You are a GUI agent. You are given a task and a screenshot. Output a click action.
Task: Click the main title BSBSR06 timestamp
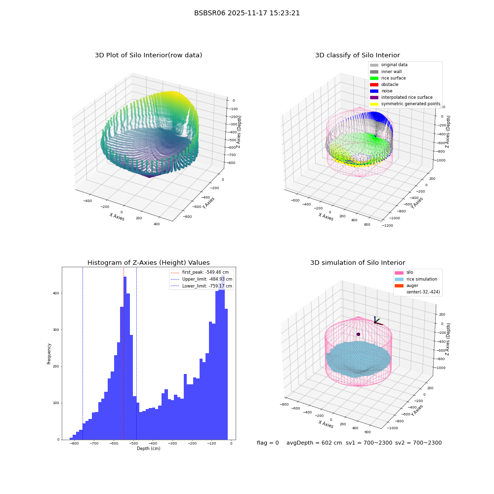point(247,13)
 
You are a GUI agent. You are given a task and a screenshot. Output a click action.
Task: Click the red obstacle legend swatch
point(374,84)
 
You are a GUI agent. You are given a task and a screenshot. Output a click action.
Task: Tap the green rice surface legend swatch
point(374,78)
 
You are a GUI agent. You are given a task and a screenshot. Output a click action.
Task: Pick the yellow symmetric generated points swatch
point(374,104)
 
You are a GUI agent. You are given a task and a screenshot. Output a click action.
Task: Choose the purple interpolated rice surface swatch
point(374,97)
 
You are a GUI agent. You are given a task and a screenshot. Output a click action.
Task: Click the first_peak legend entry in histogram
point(200,272)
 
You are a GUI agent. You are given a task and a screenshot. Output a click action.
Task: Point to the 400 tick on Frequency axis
point(56,293)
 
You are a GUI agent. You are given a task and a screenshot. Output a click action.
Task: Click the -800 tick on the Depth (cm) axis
point(75,444)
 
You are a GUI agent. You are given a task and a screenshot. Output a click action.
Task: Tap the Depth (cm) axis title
point(148,449)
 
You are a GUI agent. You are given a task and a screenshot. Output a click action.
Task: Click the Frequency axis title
point(49,354)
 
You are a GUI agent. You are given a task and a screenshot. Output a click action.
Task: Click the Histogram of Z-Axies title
point(148,262)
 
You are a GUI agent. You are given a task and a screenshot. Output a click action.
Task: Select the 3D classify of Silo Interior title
point(358,55)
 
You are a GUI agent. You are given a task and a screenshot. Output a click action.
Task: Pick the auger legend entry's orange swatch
point(399,286)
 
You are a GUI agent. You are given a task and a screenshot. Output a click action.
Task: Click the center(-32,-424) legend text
point(423,292)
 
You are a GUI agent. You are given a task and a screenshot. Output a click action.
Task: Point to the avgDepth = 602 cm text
point(314,443)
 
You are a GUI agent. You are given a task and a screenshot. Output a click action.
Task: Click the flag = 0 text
point(268,443)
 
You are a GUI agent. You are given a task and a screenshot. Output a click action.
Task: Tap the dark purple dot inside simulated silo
point(358,334)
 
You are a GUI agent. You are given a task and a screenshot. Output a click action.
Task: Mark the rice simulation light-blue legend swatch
point(399,279)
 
